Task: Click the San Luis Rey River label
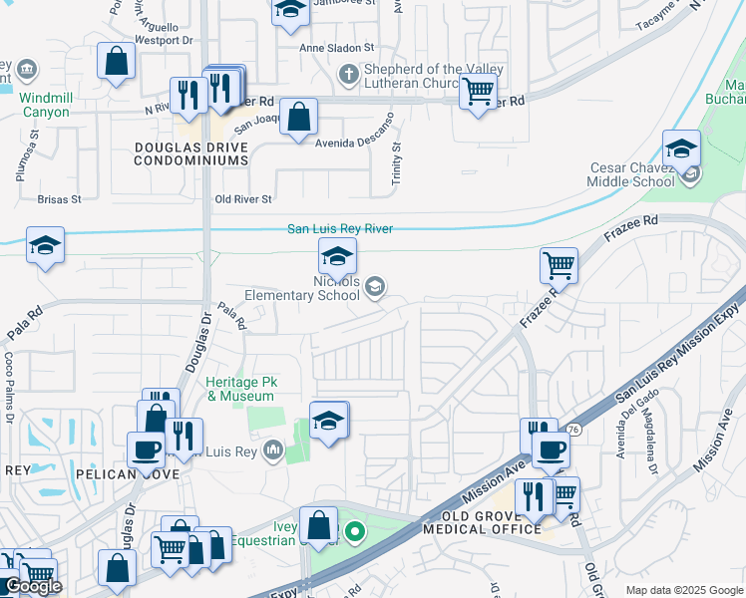click(x=340, y=229)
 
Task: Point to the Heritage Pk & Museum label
click(x=240, y=389)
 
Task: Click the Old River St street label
click(x=243, y=199)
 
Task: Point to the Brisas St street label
click(x=59, y=199)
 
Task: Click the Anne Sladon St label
click(x=337, y=47)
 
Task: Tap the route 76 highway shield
click(x=572, y=430)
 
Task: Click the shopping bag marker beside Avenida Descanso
click(x=299, y=117)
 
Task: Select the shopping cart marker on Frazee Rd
click(x=559, y=266)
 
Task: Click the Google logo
click(x=33, y=586)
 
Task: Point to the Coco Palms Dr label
click(x=8, y=373)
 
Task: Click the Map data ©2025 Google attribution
click(x=684, y=590)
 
